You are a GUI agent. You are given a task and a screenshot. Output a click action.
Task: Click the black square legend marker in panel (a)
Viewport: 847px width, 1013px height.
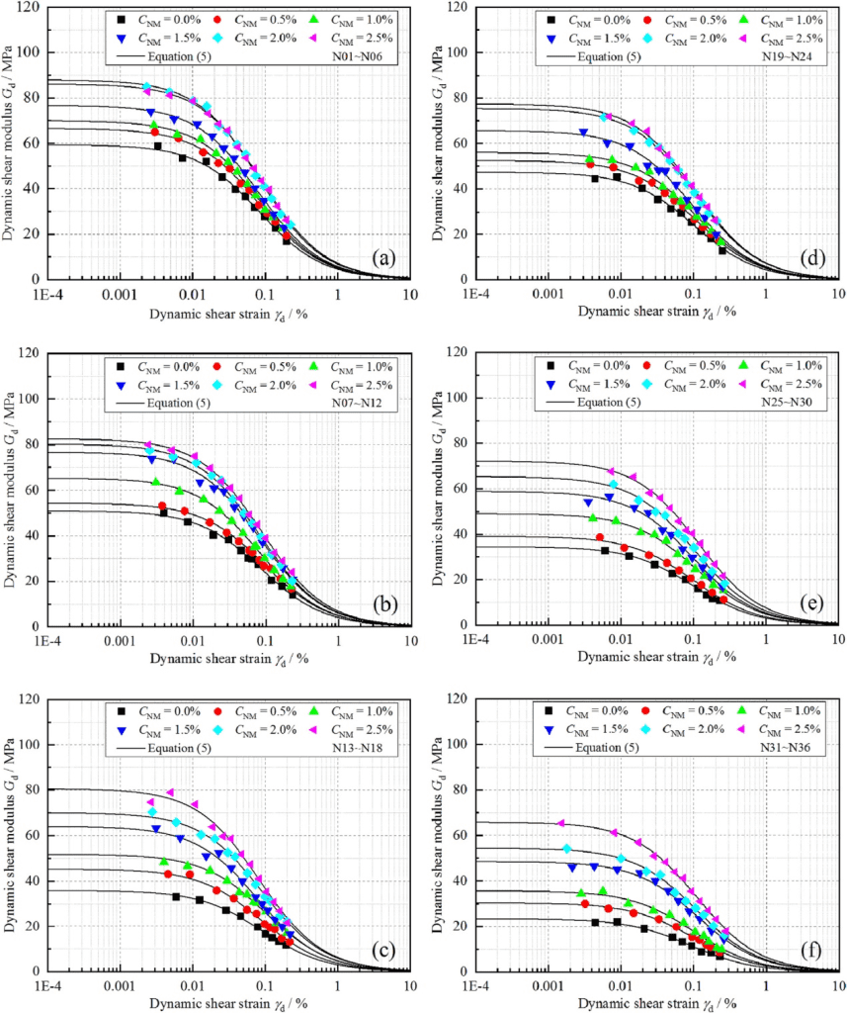point(120,19)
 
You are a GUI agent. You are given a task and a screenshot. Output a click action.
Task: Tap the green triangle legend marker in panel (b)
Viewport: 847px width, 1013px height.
point(313,366)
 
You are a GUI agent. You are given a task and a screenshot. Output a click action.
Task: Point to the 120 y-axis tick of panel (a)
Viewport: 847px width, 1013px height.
point(31,7)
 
